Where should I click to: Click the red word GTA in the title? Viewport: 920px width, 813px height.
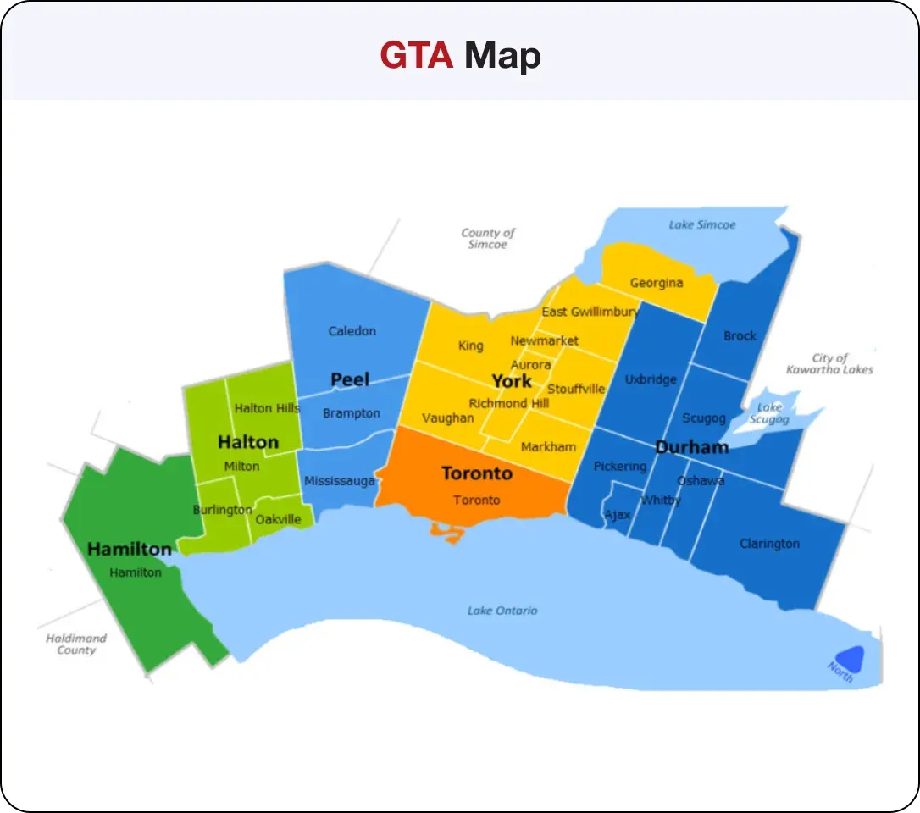(x=416, y=56)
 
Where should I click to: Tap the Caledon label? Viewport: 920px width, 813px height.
(x=352, y=331)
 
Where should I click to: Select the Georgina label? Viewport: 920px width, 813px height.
(x=656, y=283)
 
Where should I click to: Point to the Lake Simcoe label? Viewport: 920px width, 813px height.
(x=702, y=225)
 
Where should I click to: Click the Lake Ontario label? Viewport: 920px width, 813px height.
(x=502, y=611)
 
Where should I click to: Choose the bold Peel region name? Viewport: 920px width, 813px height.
(x=350, y=379)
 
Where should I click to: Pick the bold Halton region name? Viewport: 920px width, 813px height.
(x=248, y=442)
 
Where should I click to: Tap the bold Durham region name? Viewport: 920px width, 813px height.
(x=691, y=447)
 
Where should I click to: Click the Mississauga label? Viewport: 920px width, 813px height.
(x=339, y=481)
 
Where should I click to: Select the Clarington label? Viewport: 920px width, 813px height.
(x=769, y=544)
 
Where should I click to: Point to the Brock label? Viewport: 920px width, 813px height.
(x=740, y=336)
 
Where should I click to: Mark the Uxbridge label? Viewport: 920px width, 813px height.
(x=651, y=379)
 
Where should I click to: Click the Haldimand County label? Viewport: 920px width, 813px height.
(x=76, y=644)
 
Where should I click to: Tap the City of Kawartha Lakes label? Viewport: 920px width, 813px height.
(x=829, y=363)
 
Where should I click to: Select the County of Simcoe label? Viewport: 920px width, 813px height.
(x=488, y=238)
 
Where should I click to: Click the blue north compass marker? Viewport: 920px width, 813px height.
(x=849, y=658)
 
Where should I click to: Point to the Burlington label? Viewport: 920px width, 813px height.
(x=222, y=510)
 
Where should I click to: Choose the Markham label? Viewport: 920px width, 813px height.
(x=548, y=446)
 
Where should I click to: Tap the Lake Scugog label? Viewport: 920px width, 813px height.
(x=770, y=413)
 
